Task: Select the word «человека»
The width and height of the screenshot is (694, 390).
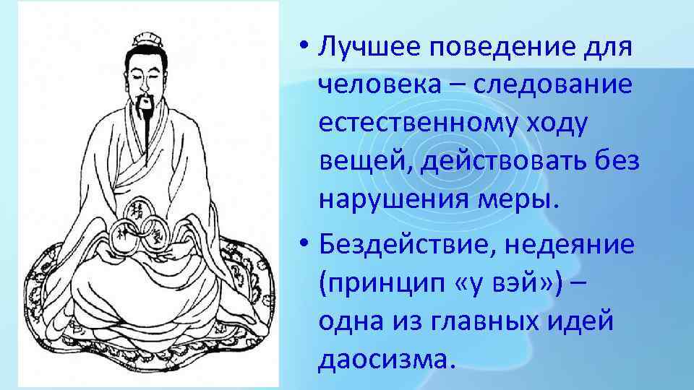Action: click(379, 86)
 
